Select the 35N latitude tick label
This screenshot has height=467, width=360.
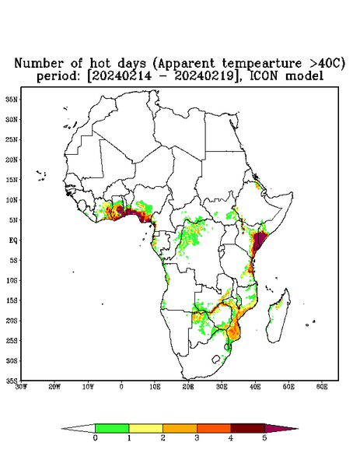click(12, 100)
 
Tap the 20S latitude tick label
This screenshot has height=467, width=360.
click(12, 321)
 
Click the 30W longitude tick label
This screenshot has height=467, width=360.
click(22, 387)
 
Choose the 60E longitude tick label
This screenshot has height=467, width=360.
click(322, 387)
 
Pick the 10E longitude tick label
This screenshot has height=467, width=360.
click(155, 387)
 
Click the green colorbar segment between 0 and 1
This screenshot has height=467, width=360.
click(112, 428)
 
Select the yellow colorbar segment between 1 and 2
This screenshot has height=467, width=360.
click(145, 428)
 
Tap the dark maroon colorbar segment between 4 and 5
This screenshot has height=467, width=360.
click(248, 428)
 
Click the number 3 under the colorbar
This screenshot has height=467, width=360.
click(197, 438)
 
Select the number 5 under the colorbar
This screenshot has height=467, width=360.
click(264, 438)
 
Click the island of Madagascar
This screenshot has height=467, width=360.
click(278, 316)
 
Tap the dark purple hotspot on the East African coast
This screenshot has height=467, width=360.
click(258, 241)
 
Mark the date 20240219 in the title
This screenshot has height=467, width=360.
click(204, 76)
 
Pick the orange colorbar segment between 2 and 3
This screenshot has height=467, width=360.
click(180, 428)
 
